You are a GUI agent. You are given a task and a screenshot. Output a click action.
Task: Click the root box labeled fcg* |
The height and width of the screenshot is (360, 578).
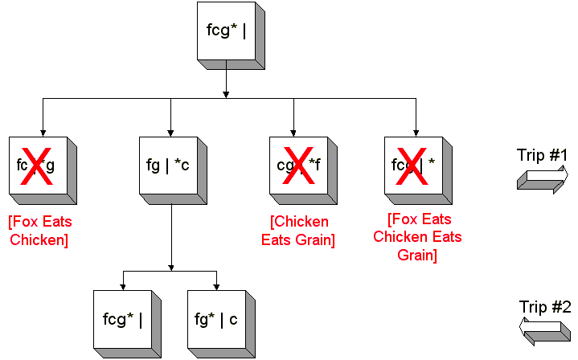tap(226, 35)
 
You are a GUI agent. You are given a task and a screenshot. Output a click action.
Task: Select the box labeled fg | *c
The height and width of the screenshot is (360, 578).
tap(168, 166)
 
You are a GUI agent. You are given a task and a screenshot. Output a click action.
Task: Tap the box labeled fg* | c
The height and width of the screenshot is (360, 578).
tap(216, 319)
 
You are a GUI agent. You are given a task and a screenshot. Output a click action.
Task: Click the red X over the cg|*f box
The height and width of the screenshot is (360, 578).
tap(297, 166)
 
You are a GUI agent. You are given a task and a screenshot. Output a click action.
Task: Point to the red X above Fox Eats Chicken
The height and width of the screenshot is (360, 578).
tap(37, 166)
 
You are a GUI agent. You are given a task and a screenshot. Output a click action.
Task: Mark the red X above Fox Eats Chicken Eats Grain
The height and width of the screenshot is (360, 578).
tap(413, 166)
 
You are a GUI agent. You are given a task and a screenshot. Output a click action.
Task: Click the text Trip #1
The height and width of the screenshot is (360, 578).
tap(543, 155)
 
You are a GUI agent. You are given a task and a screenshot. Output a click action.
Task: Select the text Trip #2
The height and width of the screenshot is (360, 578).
tap(543, 306)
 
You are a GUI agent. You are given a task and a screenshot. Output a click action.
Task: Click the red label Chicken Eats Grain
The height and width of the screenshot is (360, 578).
tap(298, 230)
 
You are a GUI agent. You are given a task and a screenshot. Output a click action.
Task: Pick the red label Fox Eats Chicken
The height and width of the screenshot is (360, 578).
tap(37, 230)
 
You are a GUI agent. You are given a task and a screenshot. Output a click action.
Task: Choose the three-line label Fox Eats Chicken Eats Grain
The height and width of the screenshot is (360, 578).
tap(418, 237)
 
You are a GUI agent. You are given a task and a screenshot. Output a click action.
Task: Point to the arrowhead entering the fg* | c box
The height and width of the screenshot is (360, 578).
tap(217, 287)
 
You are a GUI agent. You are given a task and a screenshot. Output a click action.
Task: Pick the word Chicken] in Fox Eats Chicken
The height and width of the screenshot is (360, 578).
tap(41, 239)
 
